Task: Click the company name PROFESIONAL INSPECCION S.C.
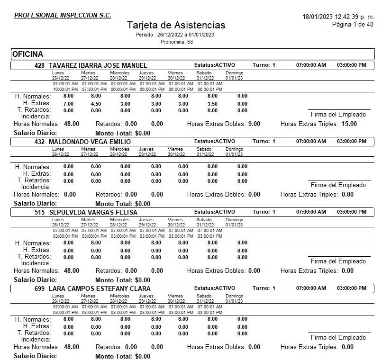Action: pyautogui.click(x=63, y=15)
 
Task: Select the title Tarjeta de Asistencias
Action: pyautogui.click(x=176, y=26)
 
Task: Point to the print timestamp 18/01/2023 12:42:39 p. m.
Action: pyautogui.click(x=338, y=17)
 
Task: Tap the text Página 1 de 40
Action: pyautogui.click(x=353, y=24)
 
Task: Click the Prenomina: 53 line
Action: pyautogui.click(x=176, y=42)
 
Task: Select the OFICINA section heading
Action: pyautogui.click(x=27, y=54)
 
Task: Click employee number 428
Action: pyautogui.click(x=40, y=65)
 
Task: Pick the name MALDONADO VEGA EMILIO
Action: pyautogui.click(x=89, y=142)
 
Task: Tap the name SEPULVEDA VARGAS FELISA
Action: pyautogui.click(x=93, y=213)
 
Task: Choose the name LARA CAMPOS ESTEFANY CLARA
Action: pyautogui.click(x=100, y=288)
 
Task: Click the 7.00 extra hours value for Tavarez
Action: pyautogui.click(x=68, y=104)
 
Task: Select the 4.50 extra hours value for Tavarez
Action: pyautogui.click(x=96, y=104)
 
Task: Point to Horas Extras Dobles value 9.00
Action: pyautogui.click(x=254, y=124)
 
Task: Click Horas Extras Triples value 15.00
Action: pyautogui.click(x=349, y=124)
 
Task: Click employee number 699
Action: pyautogui.click(x=40, y=288)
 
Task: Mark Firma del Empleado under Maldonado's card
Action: pyautogui.click(x=338, y=185)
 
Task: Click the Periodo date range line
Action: pyautogui.click(x=175, y=35)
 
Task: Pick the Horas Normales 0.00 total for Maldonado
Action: pyautogui.click(x=70, y=194)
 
